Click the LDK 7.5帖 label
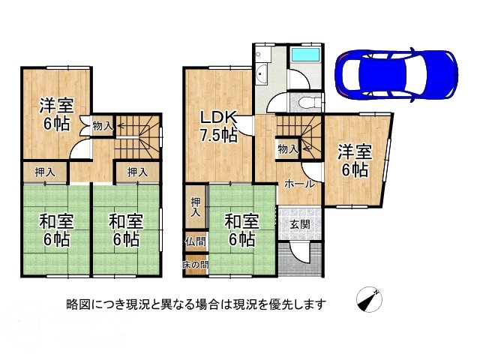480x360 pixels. [x=218, y=126]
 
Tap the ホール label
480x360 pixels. [x=298, y=183]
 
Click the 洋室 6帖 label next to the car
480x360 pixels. [x=352, y=159]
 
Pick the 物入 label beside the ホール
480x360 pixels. [x=287, y=149]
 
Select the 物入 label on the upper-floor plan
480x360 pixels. [x=102, y=127]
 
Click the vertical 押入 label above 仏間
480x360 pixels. [x=194, y=206]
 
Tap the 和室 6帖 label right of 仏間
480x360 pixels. [x=241, y=230]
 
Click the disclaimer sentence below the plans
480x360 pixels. [x=196, y=303]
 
